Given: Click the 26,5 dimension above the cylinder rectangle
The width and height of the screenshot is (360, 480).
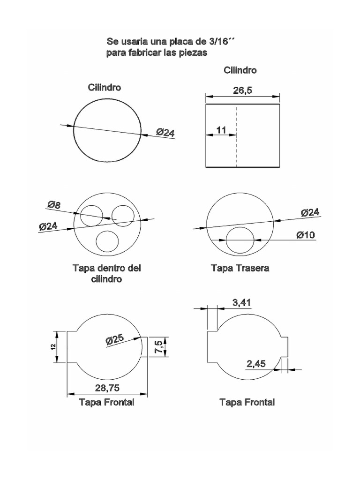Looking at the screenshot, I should pos(242,90).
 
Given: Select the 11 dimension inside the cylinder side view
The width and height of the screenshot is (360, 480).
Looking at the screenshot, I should pos(221,130).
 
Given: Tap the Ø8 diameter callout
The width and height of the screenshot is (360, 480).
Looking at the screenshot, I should pos(54,204).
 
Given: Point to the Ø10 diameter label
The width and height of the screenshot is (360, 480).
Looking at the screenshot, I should pos(305,234).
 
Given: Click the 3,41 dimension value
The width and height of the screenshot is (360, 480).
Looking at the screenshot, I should pos(242,303).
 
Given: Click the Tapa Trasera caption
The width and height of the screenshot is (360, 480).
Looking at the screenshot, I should pos(240,268).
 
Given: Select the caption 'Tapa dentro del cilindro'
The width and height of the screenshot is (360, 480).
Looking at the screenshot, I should pos(106,274).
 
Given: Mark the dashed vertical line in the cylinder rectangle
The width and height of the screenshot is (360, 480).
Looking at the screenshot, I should pos(237,136).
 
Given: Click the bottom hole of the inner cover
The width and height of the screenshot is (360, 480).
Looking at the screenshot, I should pos(107,241).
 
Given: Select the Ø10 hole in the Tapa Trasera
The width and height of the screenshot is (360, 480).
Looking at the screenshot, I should pos(240,240).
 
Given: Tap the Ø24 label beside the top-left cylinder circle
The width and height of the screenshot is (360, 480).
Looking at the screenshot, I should pos(165,133).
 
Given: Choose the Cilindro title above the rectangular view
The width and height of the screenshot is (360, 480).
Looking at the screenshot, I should pos(240,70).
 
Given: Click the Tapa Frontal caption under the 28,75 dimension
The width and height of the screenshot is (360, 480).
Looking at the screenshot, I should pos(106,402).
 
